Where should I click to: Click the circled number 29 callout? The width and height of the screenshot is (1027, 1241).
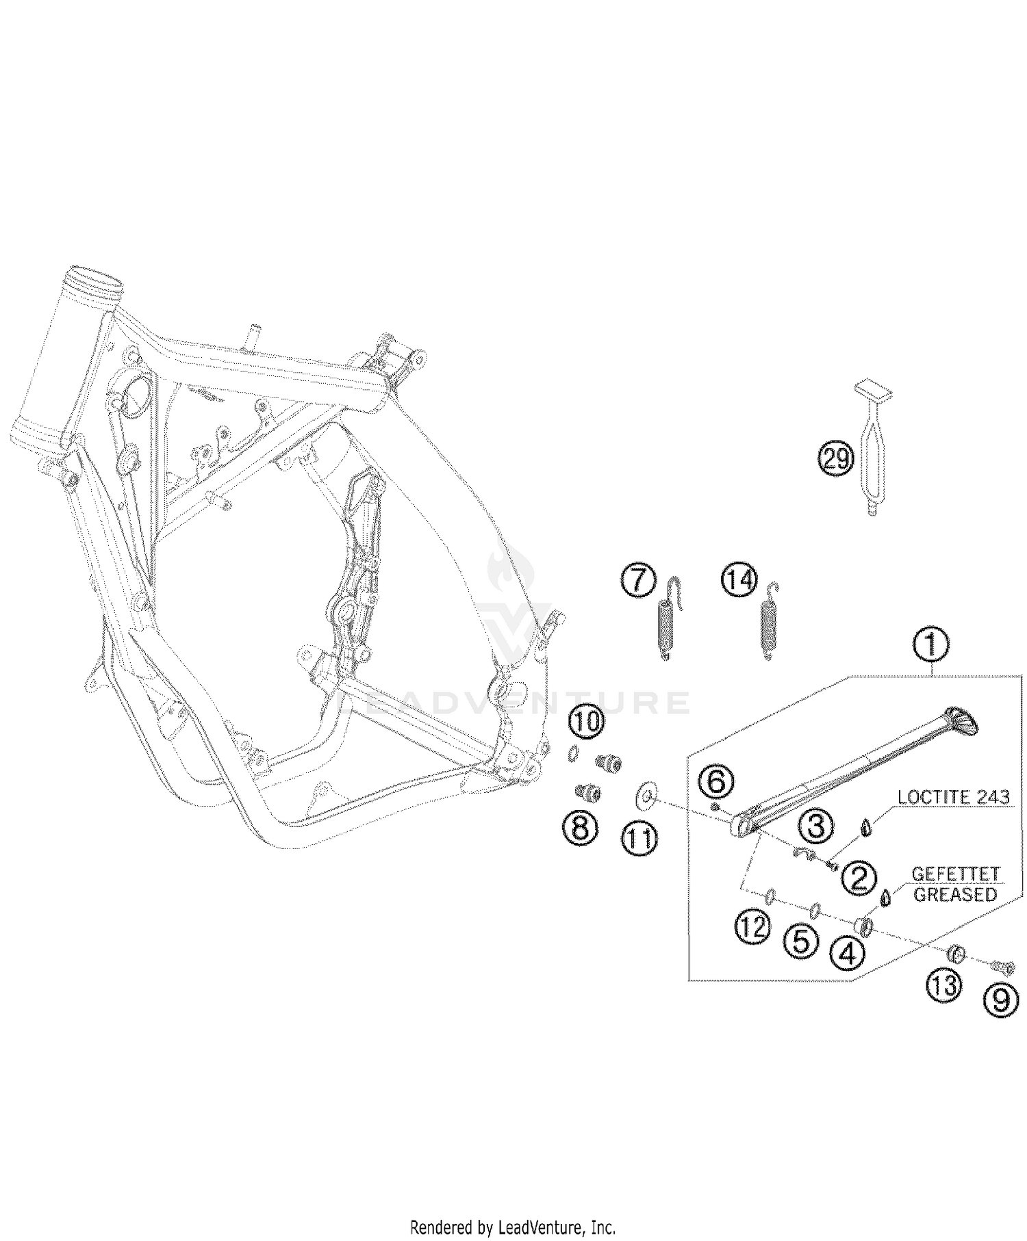point(835,458)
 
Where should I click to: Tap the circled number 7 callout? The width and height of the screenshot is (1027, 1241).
point(637,581)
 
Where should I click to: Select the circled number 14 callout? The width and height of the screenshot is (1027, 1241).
point(739,580)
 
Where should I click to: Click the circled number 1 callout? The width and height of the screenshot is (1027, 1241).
point(930,646)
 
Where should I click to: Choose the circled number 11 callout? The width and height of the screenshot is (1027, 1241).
point(639,839)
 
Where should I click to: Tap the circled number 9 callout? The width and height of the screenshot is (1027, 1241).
point(1001,1001)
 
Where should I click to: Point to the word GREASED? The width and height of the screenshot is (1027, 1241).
point(955,894)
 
